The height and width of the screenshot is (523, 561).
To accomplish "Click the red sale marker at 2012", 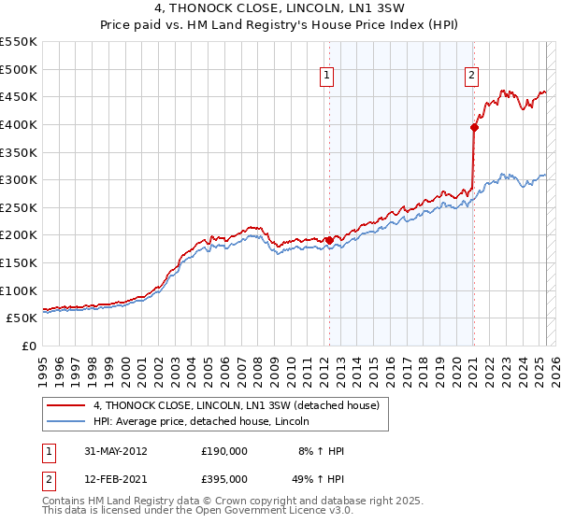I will (329, 240).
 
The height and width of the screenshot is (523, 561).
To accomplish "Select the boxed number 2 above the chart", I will (472, 77).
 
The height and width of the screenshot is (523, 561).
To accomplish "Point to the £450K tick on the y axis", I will (19, 96).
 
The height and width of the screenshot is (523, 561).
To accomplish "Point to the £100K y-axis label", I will (19, 290).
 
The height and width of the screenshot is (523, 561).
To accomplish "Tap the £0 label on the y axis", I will (28, 346).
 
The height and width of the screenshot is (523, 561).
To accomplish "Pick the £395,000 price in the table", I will (223, 481).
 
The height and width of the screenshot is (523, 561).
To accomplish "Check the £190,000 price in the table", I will (223, 451).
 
